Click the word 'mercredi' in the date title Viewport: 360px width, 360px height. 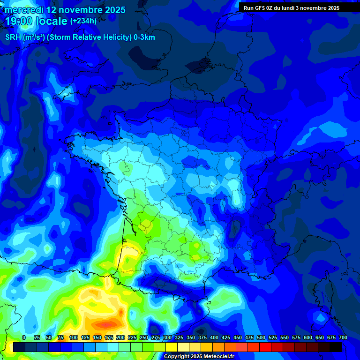point(24,10)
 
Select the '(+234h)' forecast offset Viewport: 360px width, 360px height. point(83,21)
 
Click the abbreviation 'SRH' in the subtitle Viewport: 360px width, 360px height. point(13,37)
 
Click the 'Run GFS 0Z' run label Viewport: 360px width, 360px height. point(258,8)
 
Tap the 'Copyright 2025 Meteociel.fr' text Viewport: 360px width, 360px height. point(199,356)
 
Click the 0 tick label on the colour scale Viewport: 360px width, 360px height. point(24,337)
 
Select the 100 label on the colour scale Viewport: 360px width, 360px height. point(74,337)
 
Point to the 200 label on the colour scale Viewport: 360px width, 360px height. point(120,337)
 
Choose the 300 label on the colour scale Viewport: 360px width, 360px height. point(167,337)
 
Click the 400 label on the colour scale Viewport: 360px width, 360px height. point(214,337)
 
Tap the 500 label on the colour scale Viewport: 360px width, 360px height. point(261,337)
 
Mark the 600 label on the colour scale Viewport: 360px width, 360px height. point(308,337)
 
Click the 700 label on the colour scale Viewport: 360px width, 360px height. point(343,337)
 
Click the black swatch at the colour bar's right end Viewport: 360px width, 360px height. point(336,347)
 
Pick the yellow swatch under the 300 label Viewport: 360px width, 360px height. point(172,347)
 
